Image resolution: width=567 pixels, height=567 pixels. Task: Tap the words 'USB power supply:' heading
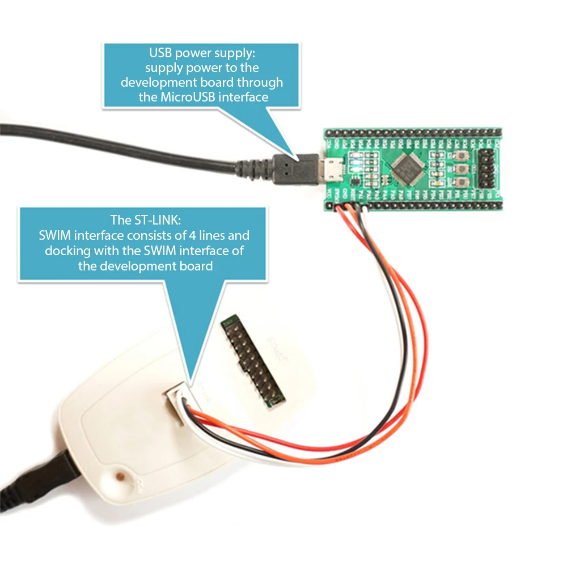pos(201,53)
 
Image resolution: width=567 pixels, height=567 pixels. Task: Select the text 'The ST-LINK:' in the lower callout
pos(143,220)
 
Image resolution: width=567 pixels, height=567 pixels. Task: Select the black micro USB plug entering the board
pos(295,169)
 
